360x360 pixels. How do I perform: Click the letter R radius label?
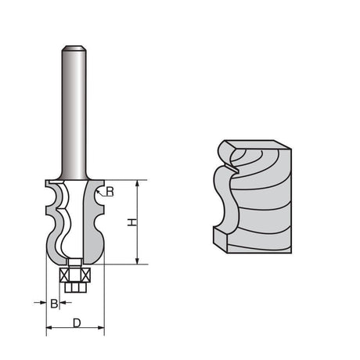pyautogui.click(x=110, y=191)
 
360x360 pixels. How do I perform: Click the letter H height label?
pyautogui.click(x=133, y=223)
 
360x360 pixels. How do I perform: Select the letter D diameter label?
pyautogui.click(x=75, y=322)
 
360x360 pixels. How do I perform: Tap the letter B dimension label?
pyautogui.click(x=53, y=303)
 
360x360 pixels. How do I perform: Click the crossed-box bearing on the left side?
pyautogui.click(x=65, y=275)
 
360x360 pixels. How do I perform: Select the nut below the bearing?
pyautogui.click(x=75, y=287)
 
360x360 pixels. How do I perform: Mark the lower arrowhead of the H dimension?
pyautogui.click(x=138, y=261)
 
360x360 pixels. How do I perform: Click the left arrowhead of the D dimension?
pyautogui.click(x=49, y=329)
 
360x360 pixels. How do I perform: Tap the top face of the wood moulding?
pyautogui.click(x=254, y=146)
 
